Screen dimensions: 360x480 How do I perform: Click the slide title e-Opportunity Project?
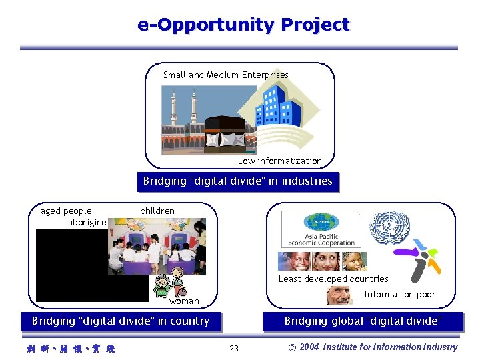pos(243,25)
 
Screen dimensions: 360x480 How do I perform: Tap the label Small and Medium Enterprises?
pos(226,75)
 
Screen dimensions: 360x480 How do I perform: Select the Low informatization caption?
pos(279,161)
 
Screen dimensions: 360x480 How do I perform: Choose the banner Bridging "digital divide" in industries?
pos(237,181)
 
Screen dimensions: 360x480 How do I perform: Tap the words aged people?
pos(66,211)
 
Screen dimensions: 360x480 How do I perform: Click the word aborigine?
pos(87,222)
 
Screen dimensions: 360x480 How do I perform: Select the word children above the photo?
pos(157,211)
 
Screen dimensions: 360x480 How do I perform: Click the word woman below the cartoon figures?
pos(184,301)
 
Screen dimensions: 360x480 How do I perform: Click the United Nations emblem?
pos(389,229)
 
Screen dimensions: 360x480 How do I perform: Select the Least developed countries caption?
pos(333,279)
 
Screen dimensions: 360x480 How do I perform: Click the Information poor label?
pos(399,294)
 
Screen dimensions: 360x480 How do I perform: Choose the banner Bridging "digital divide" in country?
pos(121,321)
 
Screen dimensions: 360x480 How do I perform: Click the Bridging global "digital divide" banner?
pos(363,321)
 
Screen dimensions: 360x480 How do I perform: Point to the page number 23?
pos(234,348)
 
